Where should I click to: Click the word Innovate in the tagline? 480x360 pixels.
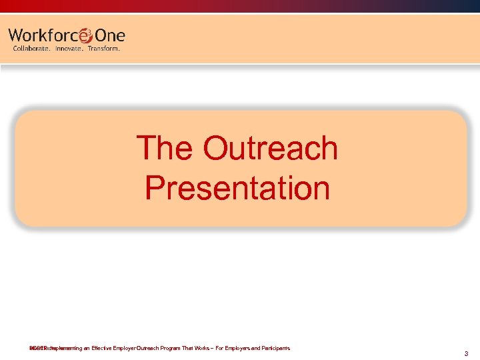click(x=70, y=49)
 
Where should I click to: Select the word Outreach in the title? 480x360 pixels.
click(x=271, y=149)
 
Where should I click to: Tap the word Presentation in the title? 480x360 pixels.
click(x=237, y=188)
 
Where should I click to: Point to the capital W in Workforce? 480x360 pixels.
click(x=17, y=36)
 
